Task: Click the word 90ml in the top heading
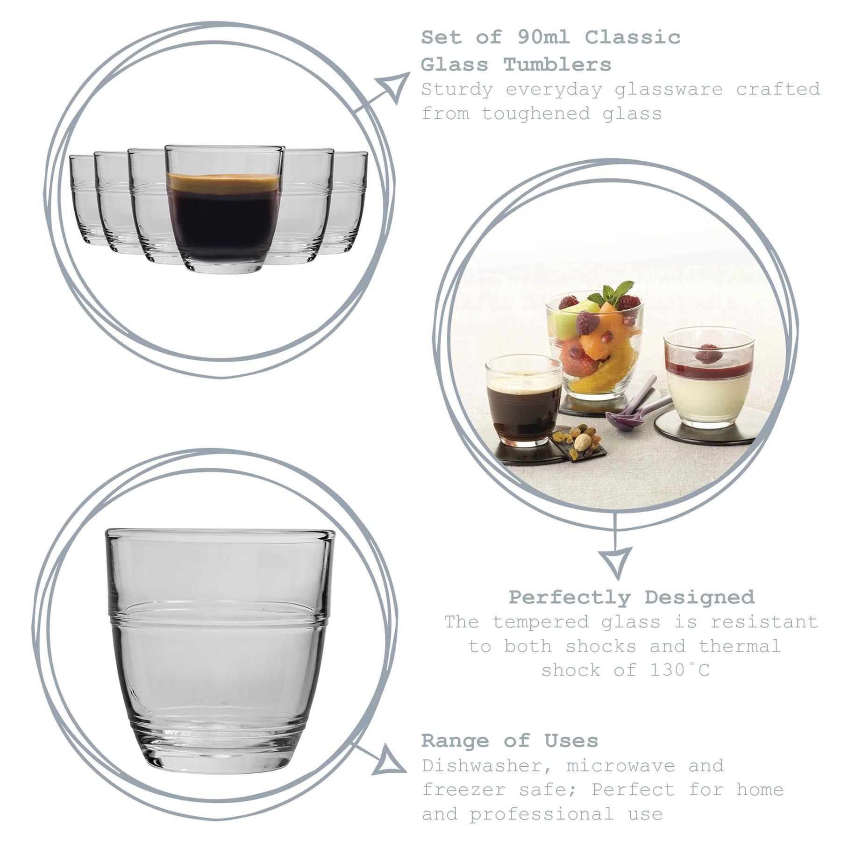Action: (543, 37)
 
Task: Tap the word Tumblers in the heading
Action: (557, 65)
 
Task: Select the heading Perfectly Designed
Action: (631, 597)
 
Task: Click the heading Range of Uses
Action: (509, 741)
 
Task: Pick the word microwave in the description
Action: (620, 766)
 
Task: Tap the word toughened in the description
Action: (536, 114)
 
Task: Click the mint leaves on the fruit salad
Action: (612, 294)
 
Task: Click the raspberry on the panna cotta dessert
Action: (708, 354)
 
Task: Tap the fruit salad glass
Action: (594, 346)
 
